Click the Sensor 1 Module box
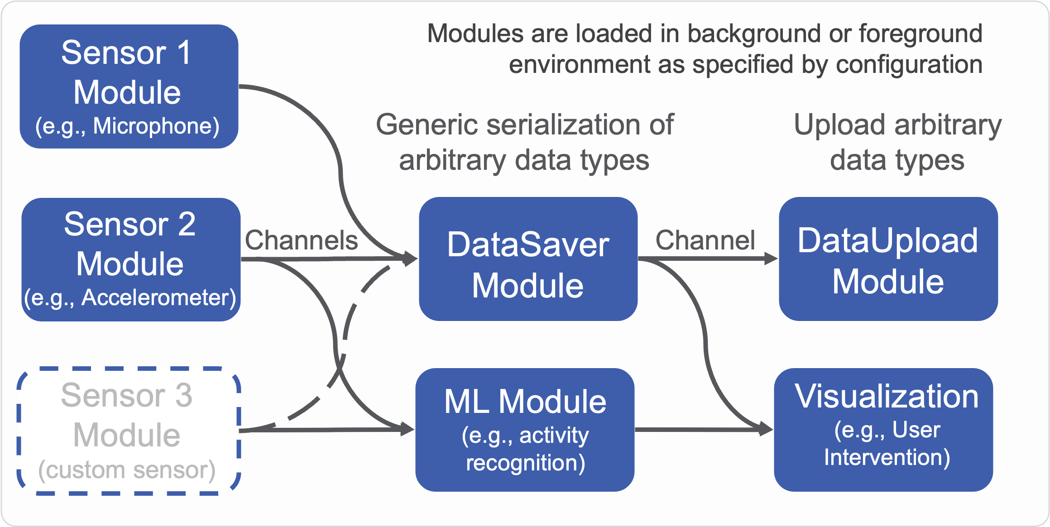point(129,86)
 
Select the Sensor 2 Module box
point(131,259)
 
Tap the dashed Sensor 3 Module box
point(129,431)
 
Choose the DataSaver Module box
point(528,259)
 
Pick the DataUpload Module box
point(888,259)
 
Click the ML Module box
point(525,430)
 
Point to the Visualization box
point(883,430)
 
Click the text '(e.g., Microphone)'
point(127,126)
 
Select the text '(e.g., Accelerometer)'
point(130,298)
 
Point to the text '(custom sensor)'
point(127,470)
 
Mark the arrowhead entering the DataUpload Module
point(771,259)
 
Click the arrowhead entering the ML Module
point(408,429)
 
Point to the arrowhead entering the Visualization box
point(767,429)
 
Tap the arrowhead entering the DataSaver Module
point(411,259)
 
